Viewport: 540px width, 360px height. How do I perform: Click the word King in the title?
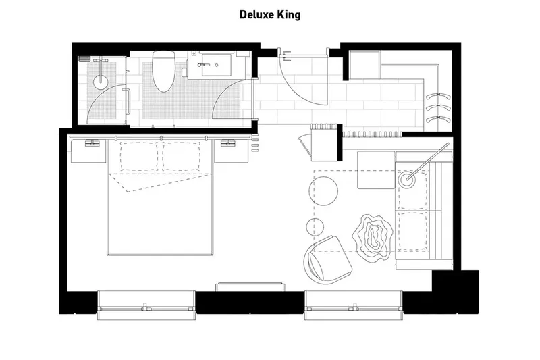(290, 14)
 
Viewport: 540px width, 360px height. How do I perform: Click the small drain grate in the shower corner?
(84, 59)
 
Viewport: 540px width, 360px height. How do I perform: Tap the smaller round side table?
(315, 227)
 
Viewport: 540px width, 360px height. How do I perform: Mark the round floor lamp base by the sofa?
(408, 180)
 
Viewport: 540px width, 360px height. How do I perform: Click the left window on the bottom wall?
(146, 305)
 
